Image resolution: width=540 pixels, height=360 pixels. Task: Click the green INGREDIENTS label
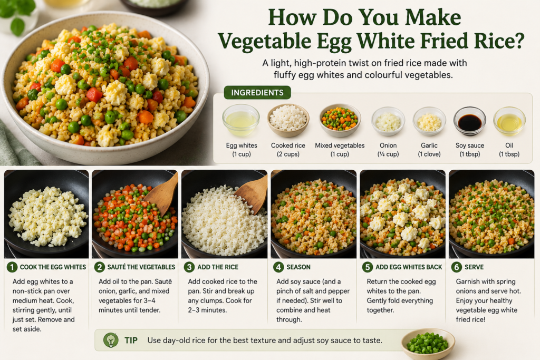pos(257,93)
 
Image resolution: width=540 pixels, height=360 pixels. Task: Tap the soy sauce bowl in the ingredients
pos(469,121)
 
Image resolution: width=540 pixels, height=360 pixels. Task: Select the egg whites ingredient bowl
pos(240,120)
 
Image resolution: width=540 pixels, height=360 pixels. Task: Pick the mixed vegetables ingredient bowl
pos(340,121)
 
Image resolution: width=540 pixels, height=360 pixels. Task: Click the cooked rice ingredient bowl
pos(288,120)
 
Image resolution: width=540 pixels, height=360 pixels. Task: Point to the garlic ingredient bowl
pos(429,121)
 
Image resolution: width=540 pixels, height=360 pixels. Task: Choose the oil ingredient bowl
pos(509,121)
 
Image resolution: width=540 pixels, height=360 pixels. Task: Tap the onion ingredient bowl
pos(388,121)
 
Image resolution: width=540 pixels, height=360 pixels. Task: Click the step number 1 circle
pos(12,267)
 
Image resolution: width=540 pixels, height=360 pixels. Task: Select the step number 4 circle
pos(278,267)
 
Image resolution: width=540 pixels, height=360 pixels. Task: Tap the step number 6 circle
pos(457,267)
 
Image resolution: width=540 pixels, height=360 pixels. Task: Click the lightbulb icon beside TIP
pos(111,340)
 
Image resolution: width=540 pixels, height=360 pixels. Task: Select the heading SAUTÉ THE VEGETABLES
pos(141,267)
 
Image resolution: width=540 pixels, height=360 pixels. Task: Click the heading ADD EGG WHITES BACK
pos(409,267)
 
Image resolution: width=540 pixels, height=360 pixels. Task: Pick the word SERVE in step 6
pos(474,267)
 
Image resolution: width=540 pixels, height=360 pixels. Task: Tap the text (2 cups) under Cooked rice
pos(288,154)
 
